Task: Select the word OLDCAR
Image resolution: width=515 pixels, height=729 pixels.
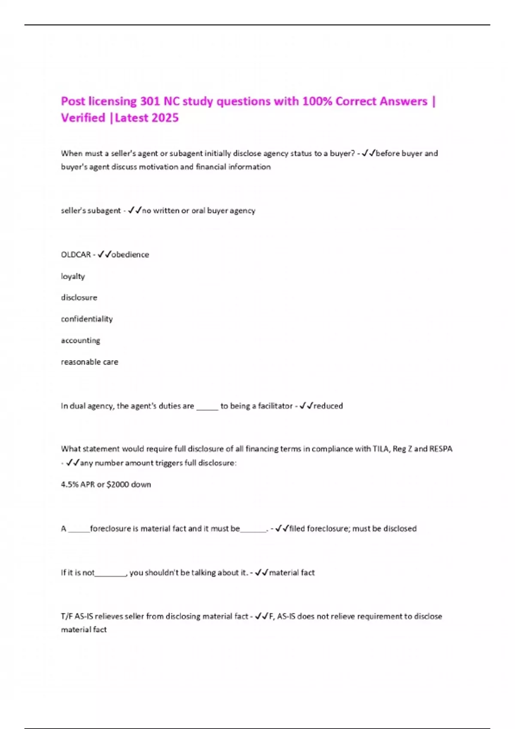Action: click(x=76, y=255)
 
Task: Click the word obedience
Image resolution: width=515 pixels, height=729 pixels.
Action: click(x=130, y=255)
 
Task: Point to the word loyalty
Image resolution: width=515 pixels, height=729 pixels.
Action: click(x=73, y=277)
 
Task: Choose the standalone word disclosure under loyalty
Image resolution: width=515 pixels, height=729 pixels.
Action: click(x=79, y=298)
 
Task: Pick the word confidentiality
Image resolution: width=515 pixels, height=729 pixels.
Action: click(x=87, y=319)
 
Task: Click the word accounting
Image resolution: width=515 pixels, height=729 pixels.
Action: click(x=80, y=340)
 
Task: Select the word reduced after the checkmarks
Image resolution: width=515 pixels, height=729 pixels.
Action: click(x=328, y=406)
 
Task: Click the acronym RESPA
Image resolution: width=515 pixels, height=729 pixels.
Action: click(x=440, y=449)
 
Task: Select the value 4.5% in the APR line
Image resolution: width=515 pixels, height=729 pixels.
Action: click(x=70, y=485)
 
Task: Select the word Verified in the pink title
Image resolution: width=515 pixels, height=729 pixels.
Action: click(x=83, y=118)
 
